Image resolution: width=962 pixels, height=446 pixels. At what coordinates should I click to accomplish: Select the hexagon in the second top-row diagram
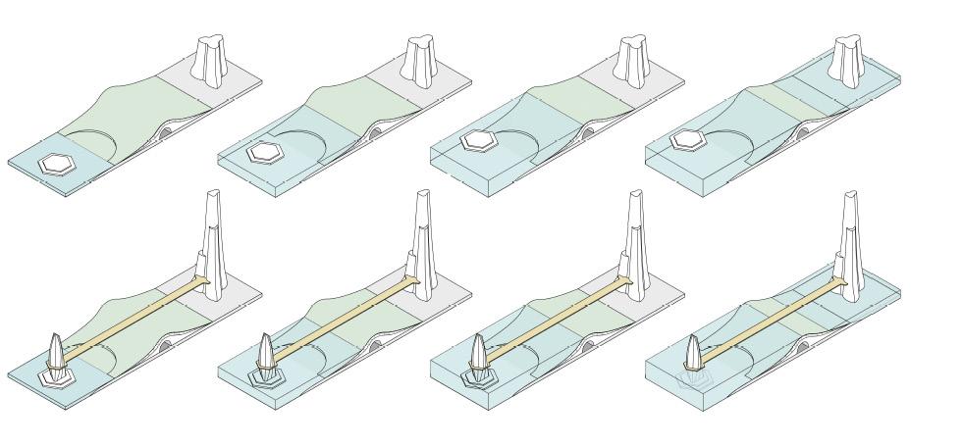pyautogui.click(x=264, y=153)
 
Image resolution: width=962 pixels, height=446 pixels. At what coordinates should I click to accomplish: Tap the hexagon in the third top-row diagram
pyautogui.click(x=479, y=141)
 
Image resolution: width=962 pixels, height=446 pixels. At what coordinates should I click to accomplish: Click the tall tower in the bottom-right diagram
pyautogui.click(x=849, y=240)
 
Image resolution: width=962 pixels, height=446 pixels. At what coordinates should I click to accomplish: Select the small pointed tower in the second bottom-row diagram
pyautogui.click(x=266, y=351)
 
